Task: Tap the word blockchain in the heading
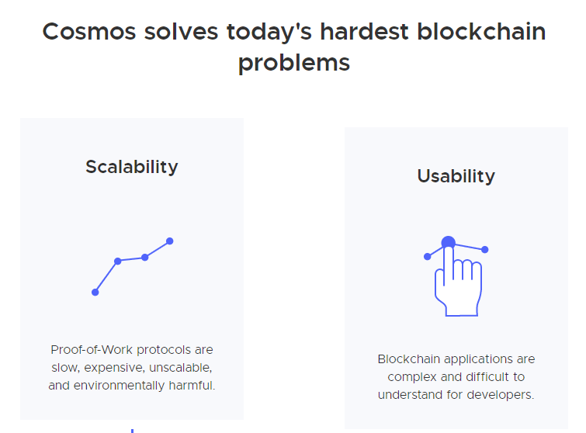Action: [x=481, y=32]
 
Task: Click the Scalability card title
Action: [x=132, y=167]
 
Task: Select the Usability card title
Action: [x=456, y=176]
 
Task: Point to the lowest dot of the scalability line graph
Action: [x=95, y=292]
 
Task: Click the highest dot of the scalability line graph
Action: [x=170, y=241]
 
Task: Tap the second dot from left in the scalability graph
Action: [x=118, y=261]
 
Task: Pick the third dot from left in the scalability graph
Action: [x=145, y=257]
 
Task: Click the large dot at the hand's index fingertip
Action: [x=448, y=243]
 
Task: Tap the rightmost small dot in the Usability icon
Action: [x=485, y=249]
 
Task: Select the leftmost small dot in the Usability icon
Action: [x=427, y=256]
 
